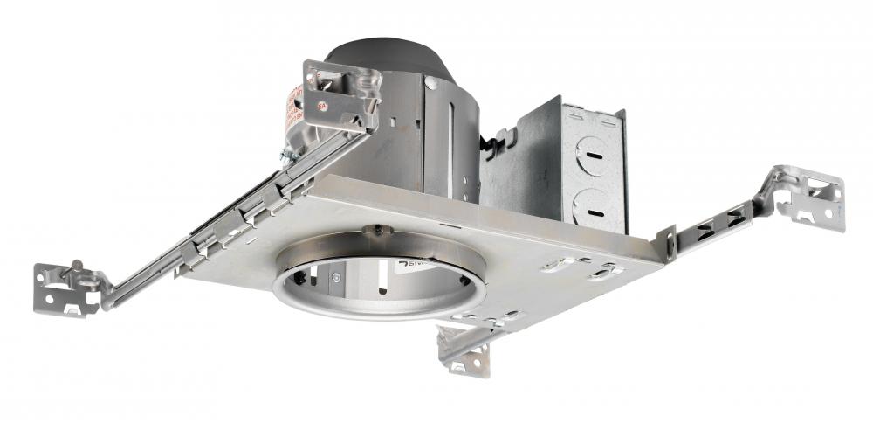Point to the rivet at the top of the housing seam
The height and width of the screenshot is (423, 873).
(430, 83)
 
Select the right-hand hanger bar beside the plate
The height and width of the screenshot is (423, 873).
(711, 223)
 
